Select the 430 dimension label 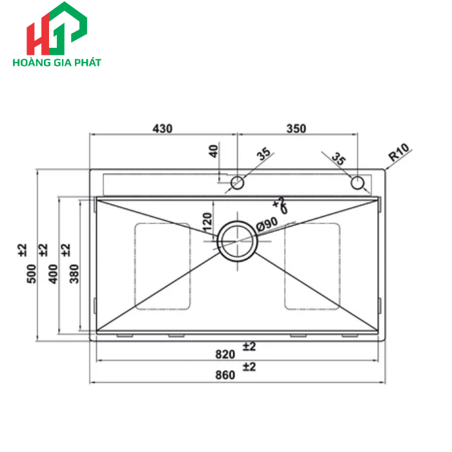[x=163, y=128]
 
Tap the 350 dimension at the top [x=296, y=128]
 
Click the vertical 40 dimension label [x=214, y=152]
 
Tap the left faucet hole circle [x=238, y=182]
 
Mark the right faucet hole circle [x=358, y=182]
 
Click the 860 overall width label [x=225, y=376]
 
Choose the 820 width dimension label [x=225, y=354]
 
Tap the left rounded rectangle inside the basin [x=162, y=266]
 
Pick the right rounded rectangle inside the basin [x=313, y=266]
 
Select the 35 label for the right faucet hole [x=338, y=158]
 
